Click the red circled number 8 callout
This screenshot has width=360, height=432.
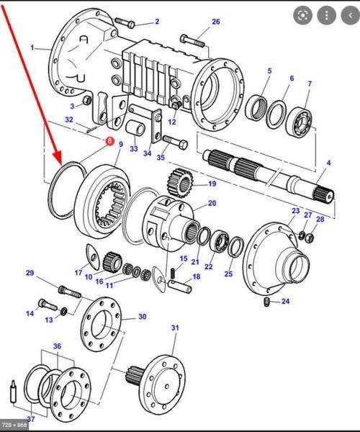click(x=109, y=141)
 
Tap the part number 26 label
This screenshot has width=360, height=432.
click(x=216, y=22)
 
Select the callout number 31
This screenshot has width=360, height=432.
click(x=175, y=328)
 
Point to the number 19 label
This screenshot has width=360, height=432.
click(x=212, y=184)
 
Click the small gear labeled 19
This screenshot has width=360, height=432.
click(x=180, y=183)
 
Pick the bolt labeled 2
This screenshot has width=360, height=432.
click(x=124, y=22)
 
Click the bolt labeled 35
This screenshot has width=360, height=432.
click(x=176, y=142)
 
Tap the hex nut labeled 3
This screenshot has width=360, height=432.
click(x=87, y=100)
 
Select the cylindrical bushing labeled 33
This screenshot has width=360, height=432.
click(x=135, y=129)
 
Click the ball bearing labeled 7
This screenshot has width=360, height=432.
click(x=300, y=122)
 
